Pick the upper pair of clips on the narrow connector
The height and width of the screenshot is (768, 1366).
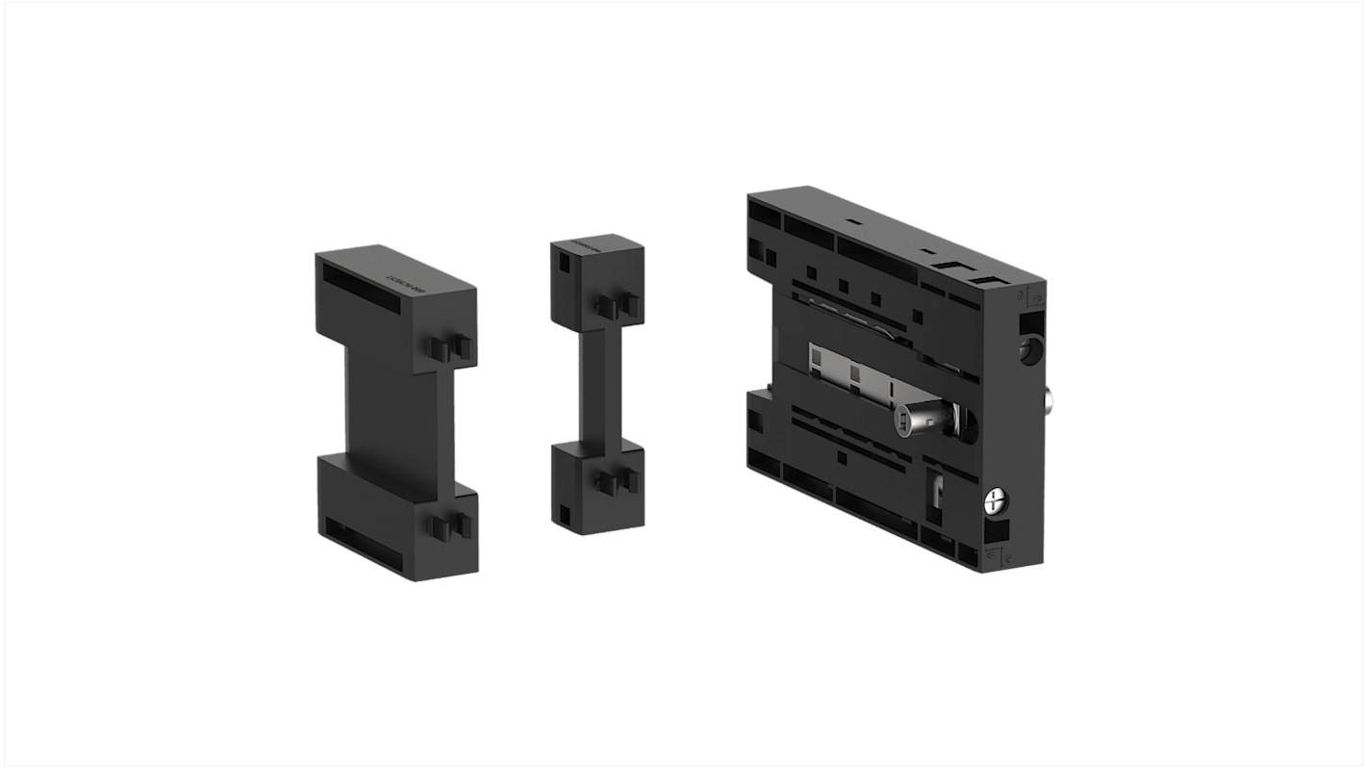(618, 305)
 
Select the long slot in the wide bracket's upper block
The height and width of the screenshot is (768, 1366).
(362, 286)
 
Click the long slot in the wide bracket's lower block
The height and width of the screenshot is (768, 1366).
(362, 538)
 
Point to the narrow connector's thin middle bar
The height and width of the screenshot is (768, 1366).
(593, 385)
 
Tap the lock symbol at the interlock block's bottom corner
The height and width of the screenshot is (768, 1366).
(999, 555)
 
